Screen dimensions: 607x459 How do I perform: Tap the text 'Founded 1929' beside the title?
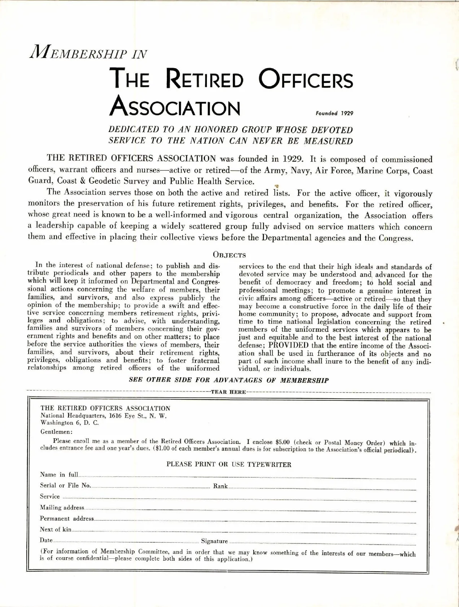(x=334, y=113)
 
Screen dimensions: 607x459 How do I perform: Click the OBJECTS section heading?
(x=229, y=255)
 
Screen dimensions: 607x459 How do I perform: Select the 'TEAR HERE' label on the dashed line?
(x=228, y=392)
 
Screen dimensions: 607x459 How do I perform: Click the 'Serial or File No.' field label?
(x=65, y=486)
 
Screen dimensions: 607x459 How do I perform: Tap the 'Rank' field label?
(x=220, y=486)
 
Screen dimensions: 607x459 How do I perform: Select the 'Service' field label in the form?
(x=50, y=497)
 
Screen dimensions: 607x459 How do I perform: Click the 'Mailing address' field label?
(x=62, y=508)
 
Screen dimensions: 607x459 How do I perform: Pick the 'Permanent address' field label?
(x=67, y=519)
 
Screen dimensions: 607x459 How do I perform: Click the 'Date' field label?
(x=46, y=540)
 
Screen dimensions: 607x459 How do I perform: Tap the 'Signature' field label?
(x=214, y=541)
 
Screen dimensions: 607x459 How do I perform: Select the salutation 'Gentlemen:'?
(x=54, y=432)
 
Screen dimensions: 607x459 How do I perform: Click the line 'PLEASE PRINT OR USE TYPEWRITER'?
(x=229, y=465)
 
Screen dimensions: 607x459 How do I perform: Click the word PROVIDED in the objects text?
(x=286, y=346)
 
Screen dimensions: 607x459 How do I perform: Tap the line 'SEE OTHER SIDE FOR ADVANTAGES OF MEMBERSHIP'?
(x=229, y=380)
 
